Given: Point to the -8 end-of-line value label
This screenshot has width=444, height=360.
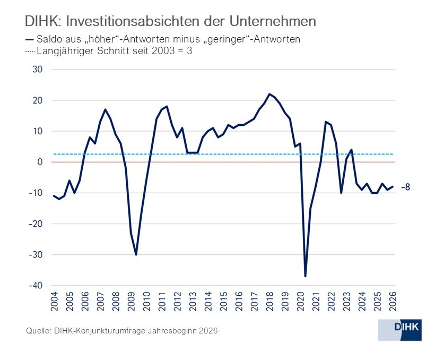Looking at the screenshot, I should [x=406, y=187].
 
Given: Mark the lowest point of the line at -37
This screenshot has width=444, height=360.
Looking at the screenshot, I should [x=306, y=276].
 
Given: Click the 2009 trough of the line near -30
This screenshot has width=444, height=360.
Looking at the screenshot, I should [x=136, y=254].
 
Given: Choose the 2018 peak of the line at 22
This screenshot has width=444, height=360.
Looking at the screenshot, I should [x=270, y=94].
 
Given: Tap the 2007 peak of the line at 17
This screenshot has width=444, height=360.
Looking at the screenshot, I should [x=106, y=109].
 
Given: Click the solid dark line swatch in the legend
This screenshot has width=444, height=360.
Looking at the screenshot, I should [x=29, y=39].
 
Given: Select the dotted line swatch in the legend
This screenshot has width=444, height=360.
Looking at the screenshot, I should [x=29, y=52].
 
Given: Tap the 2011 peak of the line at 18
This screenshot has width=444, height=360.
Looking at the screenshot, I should [x=167, y=106].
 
